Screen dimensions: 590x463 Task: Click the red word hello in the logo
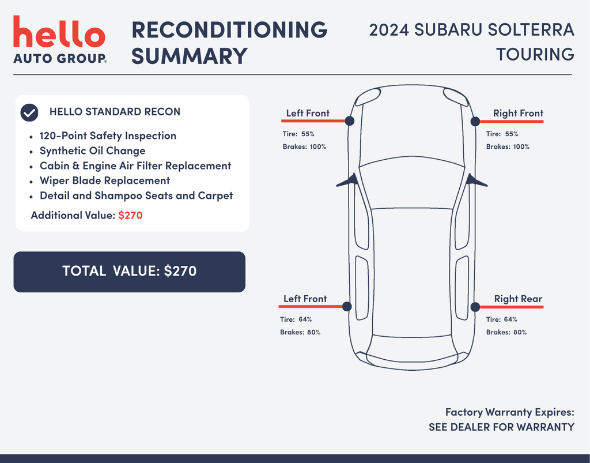click(59, 33)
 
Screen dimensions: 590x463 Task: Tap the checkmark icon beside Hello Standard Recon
click(29, 112)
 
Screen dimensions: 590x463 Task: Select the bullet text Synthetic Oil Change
click(92, 151)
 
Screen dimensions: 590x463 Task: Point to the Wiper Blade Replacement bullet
click(104, 181)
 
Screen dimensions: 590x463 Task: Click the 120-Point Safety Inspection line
click(108, 136)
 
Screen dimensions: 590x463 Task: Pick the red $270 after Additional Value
click(130, 216)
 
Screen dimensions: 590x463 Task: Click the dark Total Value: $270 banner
click(130, 272)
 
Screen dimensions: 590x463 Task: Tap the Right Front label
click(518, 114)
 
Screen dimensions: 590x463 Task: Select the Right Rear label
click(518, 299)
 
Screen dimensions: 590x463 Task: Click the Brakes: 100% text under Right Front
click(508, 146)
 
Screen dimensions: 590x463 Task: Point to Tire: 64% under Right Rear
click(501, 319)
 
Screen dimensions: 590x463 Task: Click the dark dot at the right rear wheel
click(475, 307)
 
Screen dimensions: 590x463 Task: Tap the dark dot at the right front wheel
click(475, 121)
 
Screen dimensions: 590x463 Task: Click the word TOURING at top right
click(535, 54)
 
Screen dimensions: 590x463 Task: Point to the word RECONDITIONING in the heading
click(229, 30)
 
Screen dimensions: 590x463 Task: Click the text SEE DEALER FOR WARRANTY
click(501, 427)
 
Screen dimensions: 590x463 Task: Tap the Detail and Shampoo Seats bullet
click(136, 196)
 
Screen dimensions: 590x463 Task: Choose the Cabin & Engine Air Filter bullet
click(135, 166)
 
